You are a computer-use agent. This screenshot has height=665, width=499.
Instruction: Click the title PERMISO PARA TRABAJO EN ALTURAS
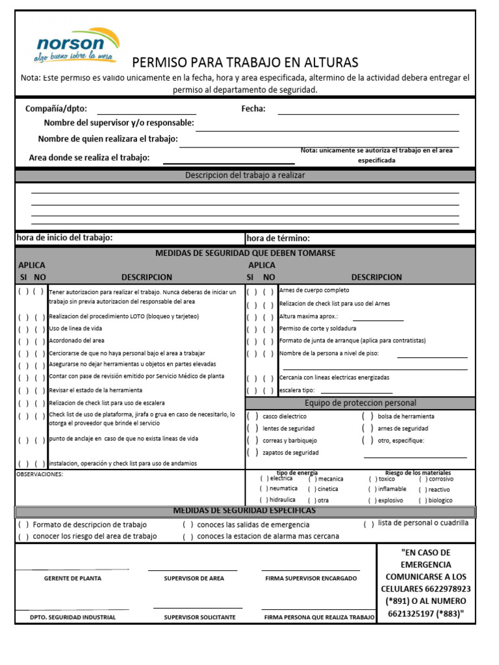coord(245,62)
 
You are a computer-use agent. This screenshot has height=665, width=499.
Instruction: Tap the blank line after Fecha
coord(368,110)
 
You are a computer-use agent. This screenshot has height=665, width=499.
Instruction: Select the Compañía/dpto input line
coord(146,110)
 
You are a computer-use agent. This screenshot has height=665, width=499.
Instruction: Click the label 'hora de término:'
coord(278,238)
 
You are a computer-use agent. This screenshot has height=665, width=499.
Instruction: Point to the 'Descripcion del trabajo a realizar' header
coord(245,175)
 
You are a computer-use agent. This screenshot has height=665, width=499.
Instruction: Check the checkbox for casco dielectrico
coord(252,416)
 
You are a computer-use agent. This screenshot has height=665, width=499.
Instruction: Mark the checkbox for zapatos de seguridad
coord(252,453)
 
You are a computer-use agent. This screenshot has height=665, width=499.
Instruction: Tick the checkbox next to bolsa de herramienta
coord(367,416)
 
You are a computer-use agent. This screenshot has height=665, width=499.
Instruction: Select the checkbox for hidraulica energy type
coord(264,500)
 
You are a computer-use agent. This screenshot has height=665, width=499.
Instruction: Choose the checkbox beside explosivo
coord(372,501)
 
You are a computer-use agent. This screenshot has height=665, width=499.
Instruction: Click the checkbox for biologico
coord(423,501)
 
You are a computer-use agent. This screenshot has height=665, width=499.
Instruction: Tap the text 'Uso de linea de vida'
coord(76,329)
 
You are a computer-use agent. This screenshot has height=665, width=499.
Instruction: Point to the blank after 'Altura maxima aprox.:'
coord(377,318)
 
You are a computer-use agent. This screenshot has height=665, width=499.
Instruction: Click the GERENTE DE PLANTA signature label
coord(72,578)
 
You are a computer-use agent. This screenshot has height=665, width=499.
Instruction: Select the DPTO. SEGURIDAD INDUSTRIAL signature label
coord(72,617)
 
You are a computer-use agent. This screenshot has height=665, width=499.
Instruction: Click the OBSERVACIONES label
coord(40,475)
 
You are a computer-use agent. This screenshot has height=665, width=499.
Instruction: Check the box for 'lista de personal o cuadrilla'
coord(368,524)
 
